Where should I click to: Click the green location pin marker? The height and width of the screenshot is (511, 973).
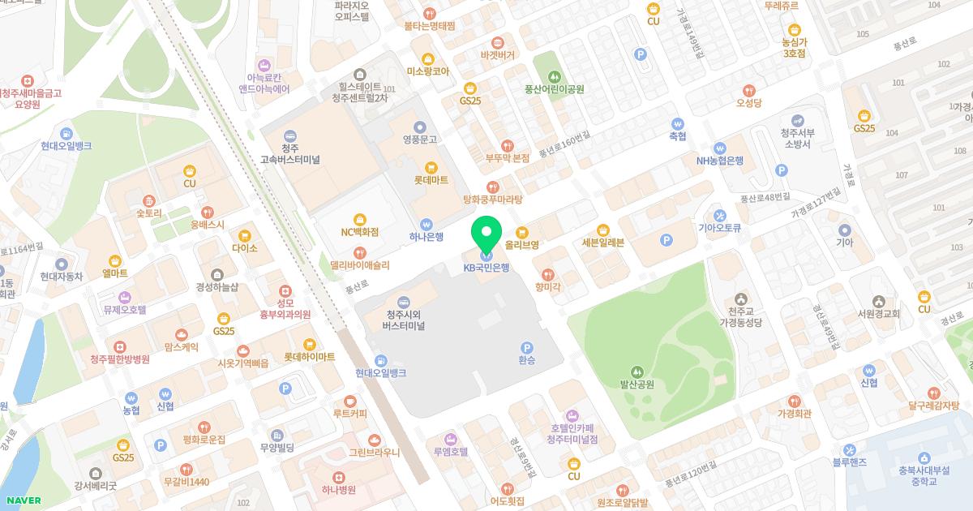click(486, 234)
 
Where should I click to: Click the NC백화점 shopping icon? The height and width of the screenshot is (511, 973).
click(360, 218)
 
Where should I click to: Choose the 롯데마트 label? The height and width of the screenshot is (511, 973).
click(431, 181)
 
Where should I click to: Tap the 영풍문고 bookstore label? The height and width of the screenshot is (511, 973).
click(419, 140)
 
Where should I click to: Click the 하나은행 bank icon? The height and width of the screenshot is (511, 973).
click(426, 224)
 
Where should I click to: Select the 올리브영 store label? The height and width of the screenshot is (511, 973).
click(522, 243)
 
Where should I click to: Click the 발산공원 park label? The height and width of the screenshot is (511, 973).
click(637, 384)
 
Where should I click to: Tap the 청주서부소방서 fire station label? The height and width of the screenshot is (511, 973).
click(795, 138)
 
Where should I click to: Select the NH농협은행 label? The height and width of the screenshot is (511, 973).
click(719, 161)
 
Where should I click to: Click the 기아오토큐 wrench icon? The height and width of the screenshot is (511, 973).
click(719, 216)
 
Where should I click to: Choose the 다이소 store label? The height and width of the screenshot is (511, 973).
click(244, 248)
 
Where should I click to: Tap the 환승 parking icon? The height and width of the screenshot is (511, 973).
click(527, 346)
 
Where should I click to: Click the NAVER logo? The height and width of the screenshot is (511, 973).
click(20, 500)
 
